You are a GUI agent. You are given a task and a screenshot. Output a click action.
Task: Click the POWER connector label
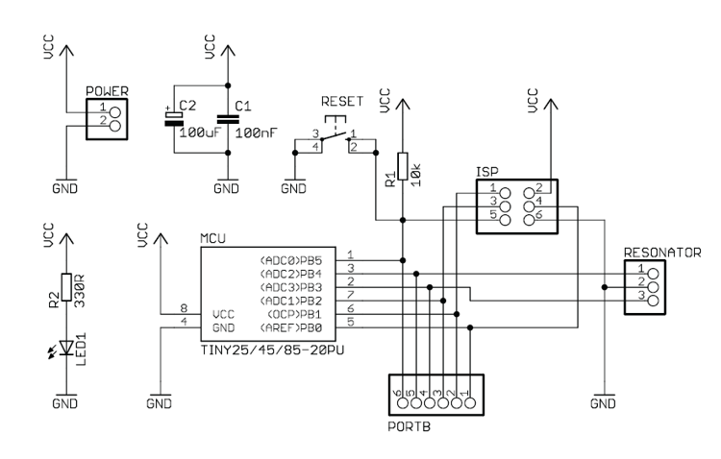tap(107, 91)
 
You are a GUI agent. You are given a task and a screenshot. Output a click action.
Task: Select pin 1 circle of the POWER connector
tap(115, 112)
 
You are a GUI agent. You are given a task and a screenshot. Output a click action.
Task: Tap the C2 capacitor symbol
tap(174, 119)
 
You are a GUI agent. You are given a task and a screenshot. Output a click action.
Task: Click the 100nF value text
tap(257, 133)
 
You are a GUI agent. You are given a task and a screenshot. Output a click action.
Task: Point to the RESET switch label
tap(342, 101)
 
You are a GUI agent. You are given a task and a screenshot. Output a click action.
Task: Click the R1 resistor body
tap(403, 166)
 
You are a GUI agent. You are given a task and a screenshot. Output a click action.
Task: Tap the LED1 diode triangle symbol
tap(66, 348)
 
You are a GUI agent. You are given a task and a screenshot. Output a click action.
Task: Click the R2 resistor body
tap(66, 287)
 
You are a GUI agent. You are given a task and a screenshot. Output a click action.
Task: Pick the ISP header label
tap(487, 172)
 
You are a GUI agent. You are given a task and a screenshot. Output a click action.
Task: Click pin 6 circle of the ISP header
tap(530, 220)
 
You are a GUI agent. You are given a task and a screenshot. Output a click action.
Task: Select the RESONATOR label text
tap(662, 253)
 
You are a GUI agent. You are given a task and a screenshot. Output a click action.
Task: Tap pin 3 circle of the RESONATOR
tap(653, 301)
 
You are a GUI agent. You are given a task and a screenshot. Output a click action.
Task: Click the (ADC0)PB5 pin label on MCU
tap(291, 261)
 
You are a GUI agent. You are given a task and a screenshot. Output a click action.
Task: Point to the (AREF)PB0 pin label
tap(291, 328)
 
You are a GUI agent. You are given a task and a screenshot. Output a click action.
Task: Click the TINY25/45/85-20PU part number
tap(273, 350)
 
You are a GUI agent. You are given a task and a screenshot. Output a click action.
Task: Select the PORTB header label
tap(410, 426)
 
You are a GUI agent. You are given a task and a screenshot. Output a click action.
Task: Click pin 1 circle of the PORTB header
tap(469, 403)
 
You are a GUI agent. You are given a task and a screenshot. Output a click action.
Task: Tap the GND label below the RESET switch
tap(294, 188)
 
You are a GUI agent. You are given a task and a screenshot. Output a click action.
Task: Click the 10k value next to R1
tap(416, 175)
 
